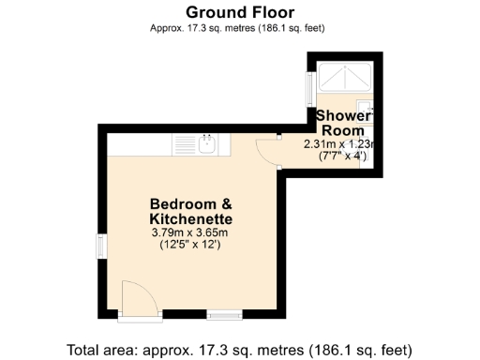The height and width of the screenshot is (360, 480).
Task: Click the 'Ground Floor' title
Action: coord(239,12)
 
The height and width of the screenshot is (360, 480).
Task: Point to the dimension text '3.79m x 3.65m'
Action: coord(190,232)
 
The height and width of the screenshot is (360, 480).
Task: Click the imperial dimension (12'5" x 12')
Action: coord(190,245)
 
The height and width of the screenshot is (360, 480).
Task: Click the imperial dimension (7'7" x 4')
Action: coord(337,157)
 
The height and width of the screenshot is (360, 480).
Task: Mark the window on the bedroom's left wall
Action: coord(101,247)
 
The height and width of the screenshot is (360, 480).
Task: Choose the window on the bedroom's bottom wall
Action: coord(225,316)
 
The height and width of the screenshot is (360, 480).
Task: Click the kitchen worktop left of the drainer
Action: coord(140,144)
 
